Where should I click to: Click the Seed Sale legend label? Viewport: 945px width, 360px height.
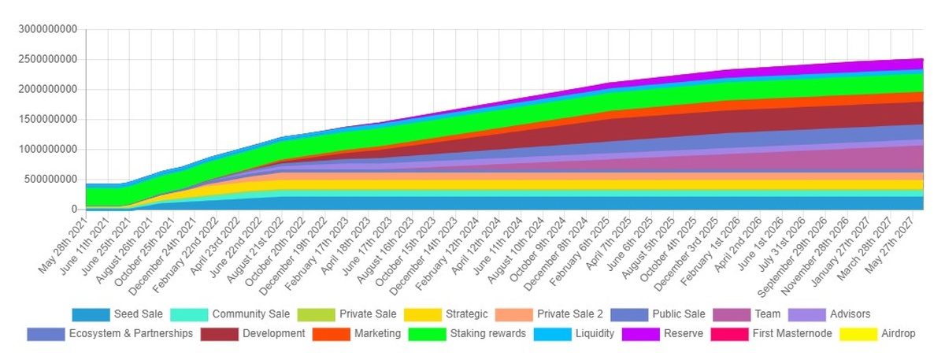[138, 314]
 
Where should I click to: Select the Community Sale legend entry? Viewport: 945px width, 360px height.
[251, 314]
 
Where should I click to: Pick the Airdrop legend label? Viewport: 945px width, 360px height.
[899, 334]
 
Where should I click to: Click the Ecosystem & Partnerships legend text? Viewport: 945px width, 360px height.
[131, 334]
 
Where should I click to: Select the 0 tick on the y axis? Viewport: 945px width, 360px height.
[76, 210]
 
